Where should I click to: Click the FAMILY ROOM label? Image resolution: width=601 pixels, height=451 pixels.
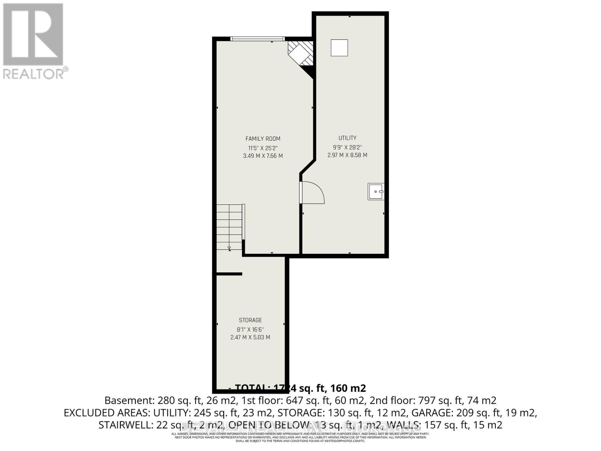263,139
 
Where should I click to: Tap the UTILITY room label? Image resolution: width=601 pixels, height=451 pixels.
347,138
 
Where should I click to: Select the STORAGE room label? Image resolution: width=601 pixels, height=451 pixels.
250,320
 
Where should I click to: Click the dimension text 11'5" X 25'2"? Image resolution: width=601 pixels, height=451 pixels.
263,148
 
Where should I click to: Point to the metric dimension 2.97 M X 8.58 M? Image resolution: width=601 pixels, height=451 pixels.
347,155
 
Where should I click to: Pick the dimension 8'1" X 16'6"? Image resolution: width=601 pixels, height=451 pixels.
250,329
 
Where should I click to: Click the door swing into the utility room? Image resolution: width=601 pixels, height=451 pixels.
313,192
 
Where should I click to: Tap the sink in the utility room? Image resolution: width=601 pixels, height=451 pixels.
376,192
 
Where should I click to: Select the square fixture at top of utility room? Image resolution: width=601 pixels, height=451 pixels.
339,48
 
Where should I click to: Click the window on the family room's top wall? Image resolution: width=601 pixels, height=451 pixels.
257,38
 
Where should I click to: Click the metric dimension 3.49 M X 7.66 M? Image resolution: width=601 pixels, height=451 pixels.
263,156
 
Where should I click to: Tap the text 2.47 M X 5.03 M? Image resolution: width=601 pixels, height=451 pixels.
250,337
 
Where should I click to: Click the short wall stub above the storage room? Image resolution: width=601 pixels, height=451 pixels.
229,274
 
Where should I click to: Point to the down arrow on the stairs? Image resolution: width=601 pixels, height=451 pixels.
229,248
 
